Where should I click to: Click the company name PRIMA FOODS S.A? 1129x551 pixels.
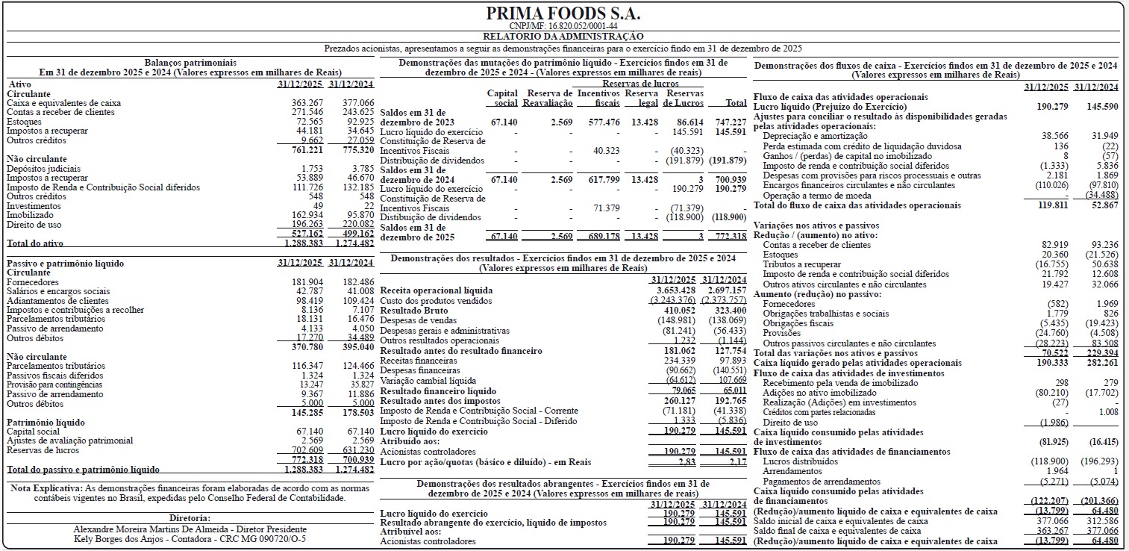tap(563, 14)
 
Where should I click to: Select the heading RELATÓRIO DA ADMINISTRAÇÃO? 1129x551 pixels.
tap(563, 36)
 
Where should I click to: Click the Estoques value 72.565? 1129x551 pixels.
tap(307, 122)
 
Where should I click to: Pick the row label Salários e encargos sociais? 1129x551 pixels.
tap(57, 291)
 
